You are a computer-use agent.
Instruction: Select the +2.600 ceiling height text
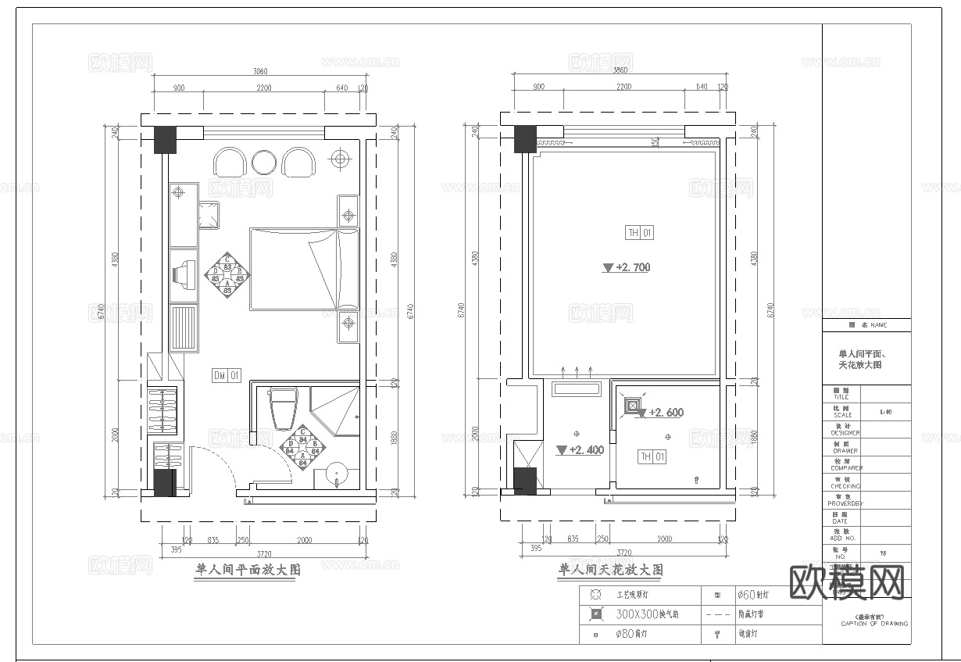pyautogui.click(x=665, y=413)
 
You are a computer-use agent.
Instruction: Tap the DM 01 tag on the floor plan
pyautogui.click(x=227, y=376)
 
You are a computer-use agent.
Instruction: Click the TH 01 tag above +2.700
pyautogui.click(x=639, y=233)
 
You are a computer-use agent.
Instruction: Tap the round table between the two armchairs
pyautogui.click(x=264, y=162)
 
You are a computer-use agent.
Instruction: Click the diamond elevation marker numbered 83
pyautogui.click(x=227, y=274)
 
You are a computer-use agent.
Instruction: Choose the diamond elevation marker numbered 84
pyautogui.click(x=302, y=448)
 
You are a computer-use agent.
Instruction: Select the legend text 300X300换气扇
pyautogui.click(x=648, y=614)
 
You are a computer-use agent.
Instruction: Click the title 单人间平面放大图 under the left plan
pyautogui.click(x=248, y=571)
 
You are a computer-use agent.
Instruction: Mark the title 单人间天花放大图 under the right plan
pyautogui.click(x=610, y=571)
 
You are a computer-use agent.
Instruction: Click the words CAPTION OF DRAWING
pyautogui.click(x=874, y=623)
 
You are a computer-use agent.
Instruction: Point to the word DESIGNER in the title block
pyautogui.click(x=845, y=432)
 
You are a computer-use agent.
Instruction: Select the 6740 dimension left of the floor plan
pyautogui.click(x=100, y=313)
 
